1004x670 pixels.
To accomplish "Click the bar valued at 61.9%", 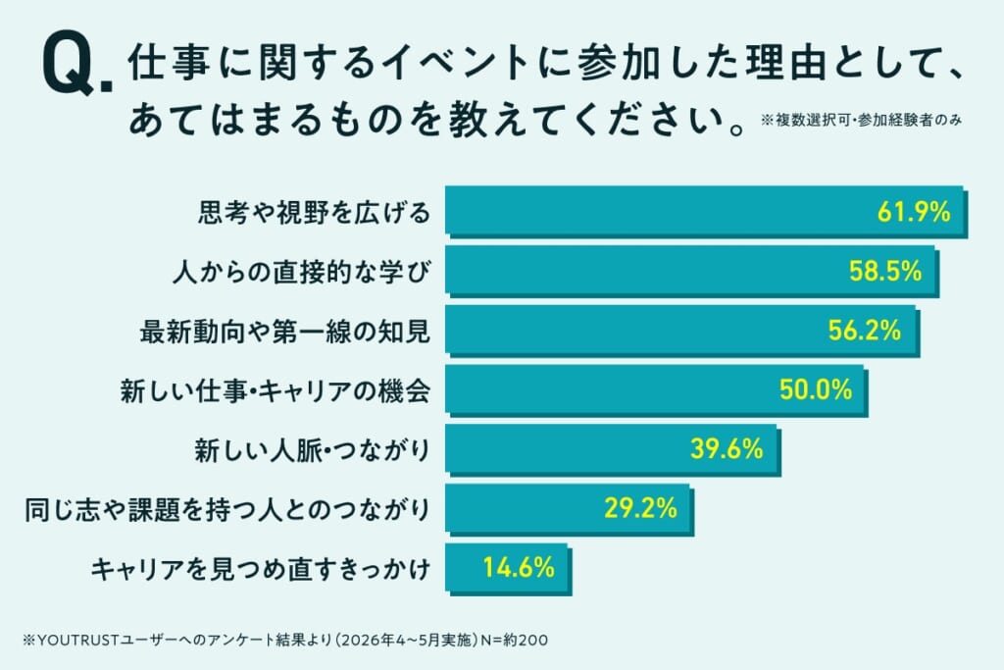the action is point(706,212).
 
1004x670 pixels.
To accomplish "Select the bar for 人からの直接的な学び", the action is point(692,272).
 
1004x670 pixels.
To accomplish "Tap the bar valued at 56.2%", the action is point(682,332).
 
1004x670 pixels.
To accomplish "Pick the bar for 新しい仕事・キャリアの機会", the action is point(656,390).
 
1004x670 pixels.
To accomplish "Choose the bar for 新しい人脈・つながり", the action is point(613,450).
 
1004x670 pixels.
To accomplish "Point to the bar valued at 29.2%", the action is point(570,510).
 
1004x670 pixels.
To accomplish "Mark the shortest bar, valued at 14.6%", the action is point(509,569).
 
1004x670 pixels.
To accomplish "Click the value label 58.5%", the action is point(885,272).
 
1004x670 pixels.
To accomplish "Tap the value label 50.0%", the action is point(816,390).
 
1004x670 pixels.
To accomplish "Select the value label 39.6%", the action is point(727,449).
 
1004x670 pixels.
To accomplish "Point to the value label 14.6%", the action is point(519,568).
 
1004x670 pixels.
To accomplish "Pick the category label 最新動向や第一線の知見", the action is point(285,332).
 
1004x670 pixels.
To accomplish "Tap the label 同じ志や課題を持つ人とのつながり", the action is point(227,510).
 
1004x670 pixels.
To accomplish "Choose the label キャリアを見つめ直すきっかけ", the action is point(261,569).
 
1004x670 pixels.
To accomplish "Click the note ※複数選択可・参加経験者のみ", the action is point(861,120).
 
